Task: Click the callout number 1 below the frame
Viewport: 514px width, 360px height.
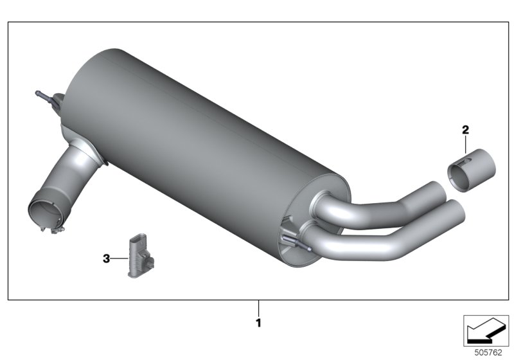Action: pyautogui.click(x=259, y=323)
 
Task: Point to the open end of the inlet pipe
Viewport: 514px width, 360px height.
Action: pyautogui.click(x=48, y=209)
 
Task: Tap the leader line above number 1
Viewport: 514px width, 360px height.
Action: pyautogui.click(x=259, y=307)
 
